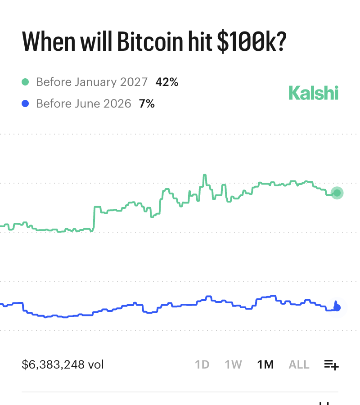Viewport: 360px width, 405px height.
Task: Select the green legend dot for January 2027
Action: (x=25, y=82)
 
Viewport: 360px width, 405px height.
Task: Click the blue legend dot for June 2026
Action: (x=25, y=104)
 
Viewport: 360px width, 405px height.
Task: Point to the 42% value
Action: (x=167, y=82)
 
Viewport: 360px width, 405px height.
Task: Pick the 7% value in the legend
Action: (x=147, y=104)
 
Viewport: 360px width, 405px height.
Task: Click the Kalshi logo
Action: (x=313, y=93)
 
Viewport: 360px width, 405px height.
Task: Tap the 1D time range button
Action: (x=202, y=364)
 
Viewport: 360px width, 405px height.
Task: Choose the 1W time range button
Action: (x=234, y=364)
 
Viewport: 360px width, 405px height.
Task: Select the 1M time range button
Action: (x=265, y=364)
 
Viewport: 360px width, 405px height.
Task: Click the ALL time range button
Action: (x=299, y=364)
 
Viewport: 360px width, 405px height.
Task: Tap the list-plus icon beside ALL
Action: (x=331, y=365)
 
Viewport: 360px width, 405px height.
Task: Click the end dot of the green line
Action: (x=337, y=193)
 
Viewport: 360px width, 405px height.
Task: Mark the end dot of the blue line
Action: (x=337, y=308)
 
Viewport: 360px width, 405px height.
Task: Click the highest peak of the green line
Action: (x=205, y=175)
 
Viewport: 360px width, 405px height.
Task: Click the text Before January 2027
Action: (x=92, y=82)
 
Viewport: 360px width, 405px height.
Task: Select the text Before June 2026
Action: (x=84, y=104)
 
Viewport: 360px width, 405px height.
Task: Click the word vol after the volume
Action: (x=96, y=364)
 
